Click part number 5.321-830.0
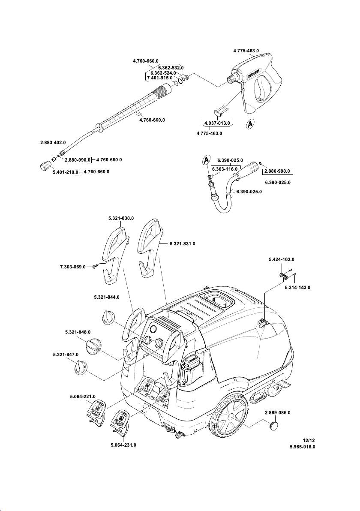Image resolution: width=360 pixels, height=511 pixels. pos(121,218)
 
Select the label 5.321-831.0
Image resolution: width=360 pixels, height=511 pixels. pos(180,243)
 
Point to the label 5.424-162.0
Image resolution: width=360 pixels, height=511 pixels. pos(282,260)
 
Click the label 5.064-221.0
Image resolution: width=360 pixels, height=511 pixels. pos(83,397)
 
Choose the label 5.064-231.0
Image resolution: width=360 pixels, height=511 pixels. pos(123,445)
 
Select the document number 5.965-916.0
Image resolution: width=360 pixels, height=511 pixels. pos(302,447)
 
